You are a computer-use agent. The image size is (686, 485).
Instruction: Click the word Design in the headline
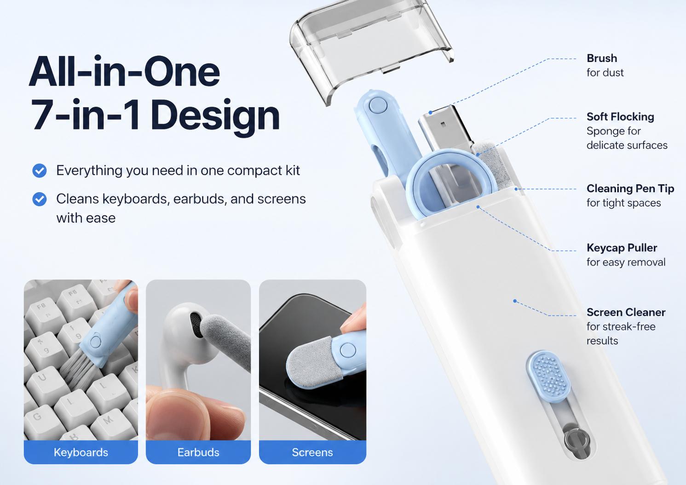pos(215,117)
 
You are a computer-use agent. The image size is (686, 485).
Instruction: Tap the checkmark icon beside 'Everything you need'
pos(40,171)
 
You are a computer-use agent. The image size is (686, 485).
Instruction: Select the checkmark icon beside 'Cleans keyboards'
pos(40,199)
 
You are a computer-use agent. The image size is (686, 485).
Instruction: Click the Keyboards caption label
pos(81,452)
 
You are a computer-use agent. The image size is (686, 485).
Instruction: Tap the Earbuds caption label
pos(198,452)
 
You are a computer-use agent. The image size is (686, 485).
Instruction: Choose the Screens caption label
pos(312,452)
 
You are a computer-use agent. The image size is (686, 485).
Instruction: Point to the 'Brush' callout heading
pos(602,58)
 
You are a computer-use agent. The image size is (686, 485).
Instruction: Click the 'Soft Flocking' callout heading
pos(621,117)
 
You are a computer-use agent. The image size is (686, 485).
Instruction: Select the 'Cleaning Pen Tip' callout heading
pos(630,188)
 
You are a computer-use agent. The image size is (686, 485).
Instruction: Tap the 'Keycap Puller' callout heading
pos(622,248)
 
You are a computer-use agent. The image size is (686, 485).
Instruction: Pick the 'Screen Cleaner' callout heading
pos(626,312)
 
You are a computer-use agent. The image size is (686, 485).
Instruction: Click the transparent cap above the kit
pos(371,46)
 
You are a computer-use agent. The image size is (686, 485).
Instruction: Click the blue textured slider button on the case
pos(549,377)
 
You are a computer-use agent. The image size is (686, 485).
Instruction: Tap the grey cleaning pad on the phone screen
pos(309,363)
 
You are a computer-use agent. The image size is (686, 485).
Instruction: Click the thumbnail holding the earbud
pos(198,371)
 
